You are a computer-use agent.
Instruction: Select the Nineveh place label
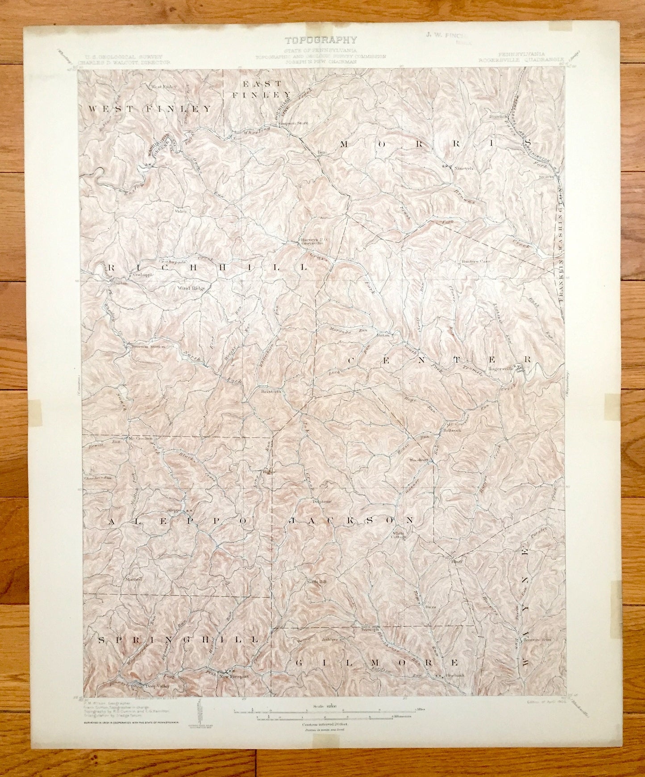coord(463,169)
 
